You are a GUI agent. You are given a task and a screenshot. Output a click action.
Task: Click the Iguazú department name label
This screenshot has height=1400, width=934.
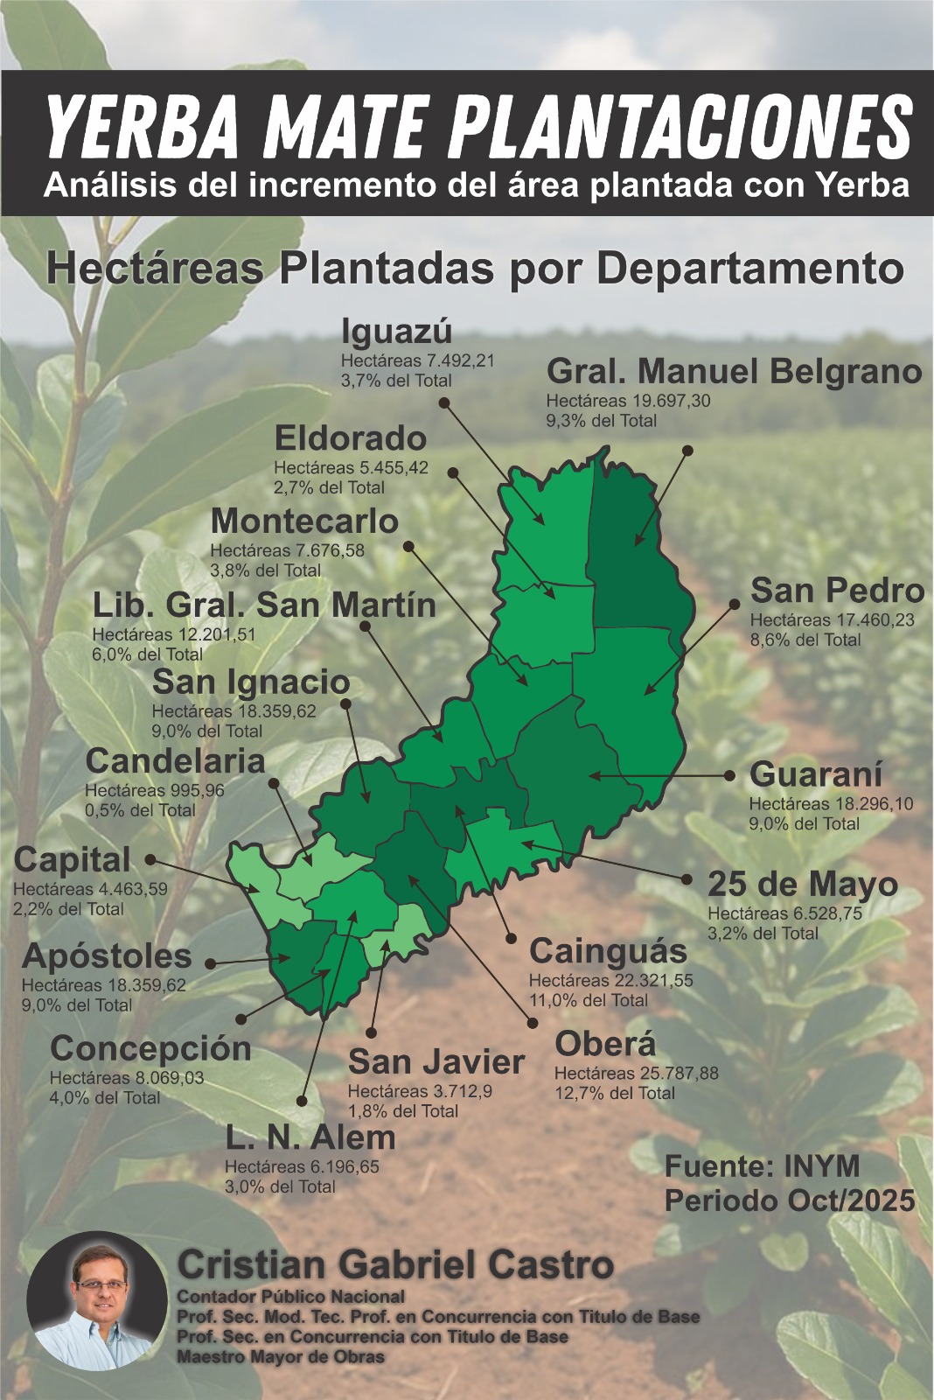click(396, 332)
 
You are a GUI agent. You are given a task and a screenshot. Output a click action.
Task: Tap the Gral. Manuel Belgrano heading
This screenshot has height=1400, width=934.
click(734, 372)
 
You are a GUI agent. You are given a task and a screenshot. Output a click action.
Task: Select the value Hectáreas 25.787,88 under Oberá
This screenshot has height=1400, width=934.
click(636, 1073)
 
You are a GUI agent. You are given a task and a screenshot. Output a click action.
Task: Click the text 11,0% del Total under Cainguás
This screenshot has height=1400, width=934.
click(588, 1000)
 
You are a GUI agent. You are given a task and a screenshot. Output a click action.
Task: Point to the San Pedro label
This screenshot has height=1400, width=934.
click(837, 591)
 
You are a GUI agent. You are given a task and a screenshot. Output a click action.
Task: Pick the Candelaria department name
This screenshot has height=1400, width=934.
click(175, 760)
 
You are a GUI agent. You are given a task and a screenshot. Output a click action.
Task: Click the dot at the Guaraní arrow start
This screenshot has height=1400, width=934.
click(730, 775)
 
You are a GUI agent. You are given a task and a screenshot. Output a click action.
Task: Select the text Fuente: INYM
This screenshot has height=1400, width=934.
click(762, 1166)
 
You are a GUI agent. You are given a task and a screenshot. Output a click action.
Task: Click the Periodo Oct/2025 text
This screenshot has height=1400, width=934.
click(789, 1200)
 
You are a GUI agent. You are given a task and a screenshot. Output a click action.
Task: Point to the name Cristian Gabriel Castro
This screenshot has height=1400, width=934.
click(395, 1265)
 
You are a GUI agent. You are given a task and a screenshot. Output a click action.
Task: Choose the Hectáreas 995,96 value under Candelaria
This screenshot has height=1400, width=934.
click(154, 790)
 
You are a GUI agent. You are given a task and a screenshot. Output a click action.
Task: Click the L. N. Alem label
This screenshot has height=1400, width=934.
click(310, 1137)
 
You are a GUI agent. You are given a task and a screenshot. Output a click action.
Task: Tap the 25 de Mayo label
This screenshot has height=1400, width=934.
click(802, 884)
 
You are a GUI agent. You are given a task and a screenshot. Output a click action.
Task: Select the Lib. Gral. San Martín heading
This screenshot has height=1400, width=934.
click(264, 605)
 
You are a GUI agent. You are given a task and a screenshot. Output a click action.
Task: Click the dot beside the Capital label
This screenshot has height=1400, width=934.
click(150, 860)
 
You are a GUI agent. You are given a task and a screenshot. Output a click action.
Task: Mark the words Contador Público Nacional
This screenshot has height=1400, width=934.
click(290, 1296)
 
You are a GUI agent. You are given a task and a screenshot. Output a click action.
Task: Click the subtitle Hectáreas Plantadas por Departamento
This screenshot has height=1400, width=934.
click(474, 268)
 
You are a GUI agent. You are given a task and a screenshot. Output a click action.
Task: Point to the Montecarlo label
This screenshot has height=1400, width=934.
click(304, 521)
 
